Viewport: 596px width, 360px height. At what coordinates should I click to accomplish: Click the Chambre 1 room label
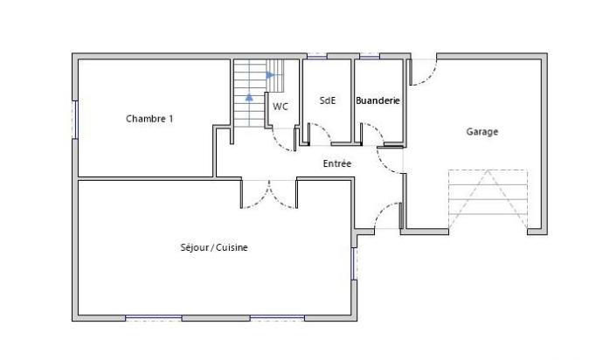click(x=149, y=118)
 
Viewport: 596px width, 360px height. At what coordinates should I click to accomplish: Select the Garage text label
click(x=482, y=132)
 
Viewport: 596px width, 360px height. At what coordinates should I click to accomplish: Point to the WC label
click(x=280, y=107)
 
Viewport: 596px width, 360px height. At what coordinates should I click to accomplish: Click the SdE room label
click(x=328, y=100)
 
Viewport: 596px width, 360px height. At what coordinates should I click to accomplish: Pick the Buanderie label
click(x=378, y=100)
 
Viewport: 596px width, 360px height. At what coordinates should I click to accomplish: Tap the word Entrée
click(x=337, y=163)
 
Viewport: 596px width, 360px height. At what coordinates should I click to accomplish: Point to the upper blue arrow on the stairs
click(x=270, y=75)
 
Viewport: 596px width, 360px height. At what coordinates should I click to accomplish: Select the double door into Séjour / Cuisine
click(x=269, y=194)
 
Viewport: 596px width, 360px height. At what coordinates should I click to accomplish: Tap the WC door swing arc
click(x=285, y=140)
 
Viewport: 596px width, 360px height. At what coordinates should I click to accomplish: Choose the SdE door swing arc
click(x=317, y=133)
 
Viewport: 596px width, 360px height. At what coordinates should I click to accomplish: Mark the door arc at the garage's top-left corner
click(x=423, y=73)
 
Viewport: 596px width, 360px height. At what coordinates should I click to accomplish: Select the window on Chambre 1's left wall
click(x=75, y=118)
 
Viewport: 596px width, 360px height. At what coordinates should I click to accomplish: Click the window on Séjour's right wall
click(x=354, y=263)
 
